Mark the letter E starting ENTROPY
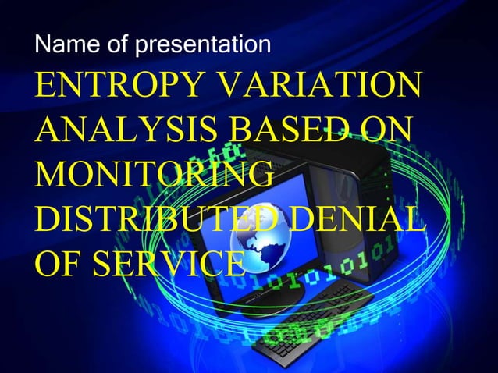(45, 86)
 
